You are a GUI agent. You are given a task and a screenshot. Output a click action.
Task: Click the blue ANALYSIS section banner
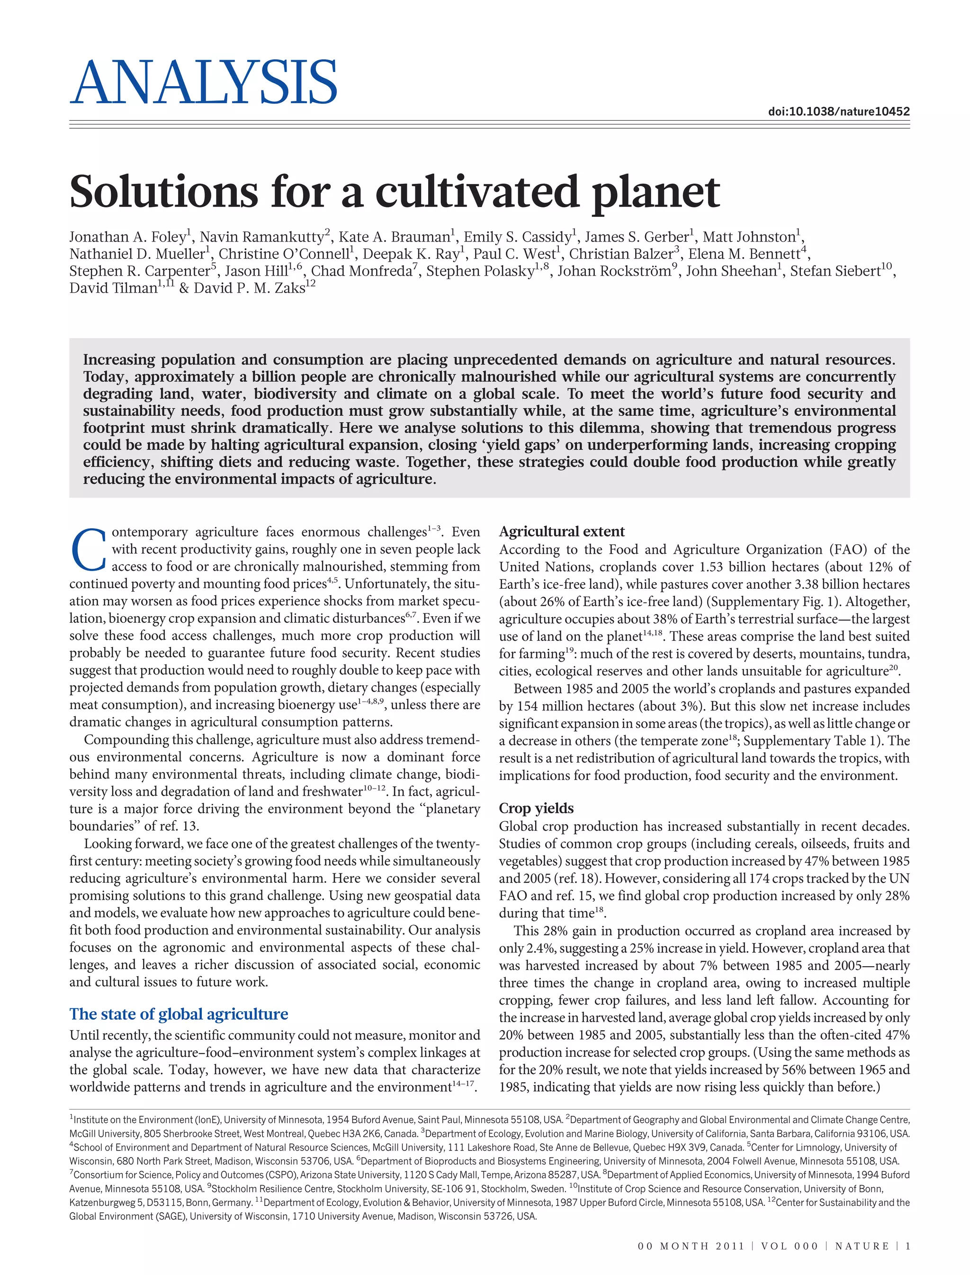click(x=203, y=82)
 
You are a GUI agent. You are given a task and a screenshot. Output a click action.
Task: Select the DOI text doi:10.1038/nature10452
click(x=838, y=111)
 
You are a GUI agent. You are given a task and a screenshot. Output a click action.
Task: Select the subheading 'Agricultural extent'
click(x=562, y=532)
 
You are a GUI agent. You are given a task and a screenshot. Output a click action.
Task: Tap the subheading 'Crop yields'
click(x=536, y=808)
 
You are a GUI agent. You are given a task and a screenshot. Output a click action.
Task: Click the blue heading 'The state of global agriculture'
click(x=179, y=1014)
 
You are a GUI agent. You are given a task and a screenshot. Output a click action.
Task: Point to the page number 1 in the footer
click(x=907, y=1246)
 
